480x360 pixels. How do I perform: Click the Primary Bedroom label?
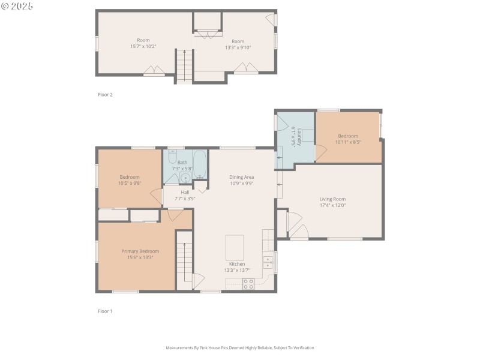(140, 251)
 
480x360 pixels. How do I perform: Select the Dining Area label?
(241, 177)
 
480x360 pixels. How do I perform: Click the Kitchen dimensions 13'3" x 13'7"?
(236, 270)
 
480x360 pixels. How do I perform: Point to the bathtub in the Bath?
(200, 163)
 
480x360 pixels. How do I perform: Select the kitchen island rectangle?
(235, 247)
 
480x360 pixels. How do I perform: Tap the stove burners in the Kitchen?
(248, 284)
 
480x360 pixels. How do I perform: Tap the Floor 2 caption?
(105, 95)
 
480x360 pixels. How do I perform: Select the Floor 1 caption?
(105, 311)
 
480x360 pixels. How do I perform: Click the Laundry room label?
(293, 136)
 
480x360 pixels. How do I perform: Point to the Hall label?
(185, 192)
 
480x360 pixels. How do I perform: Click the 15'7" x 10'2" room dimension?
(143, 46)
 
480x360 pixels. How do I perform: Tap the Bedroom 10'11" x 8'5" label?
(347, 136)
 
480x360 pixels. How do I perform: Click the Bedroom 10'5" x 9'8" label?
(130, 177)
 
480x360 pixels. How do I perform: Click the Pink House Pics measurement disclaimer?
(239, 347)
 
